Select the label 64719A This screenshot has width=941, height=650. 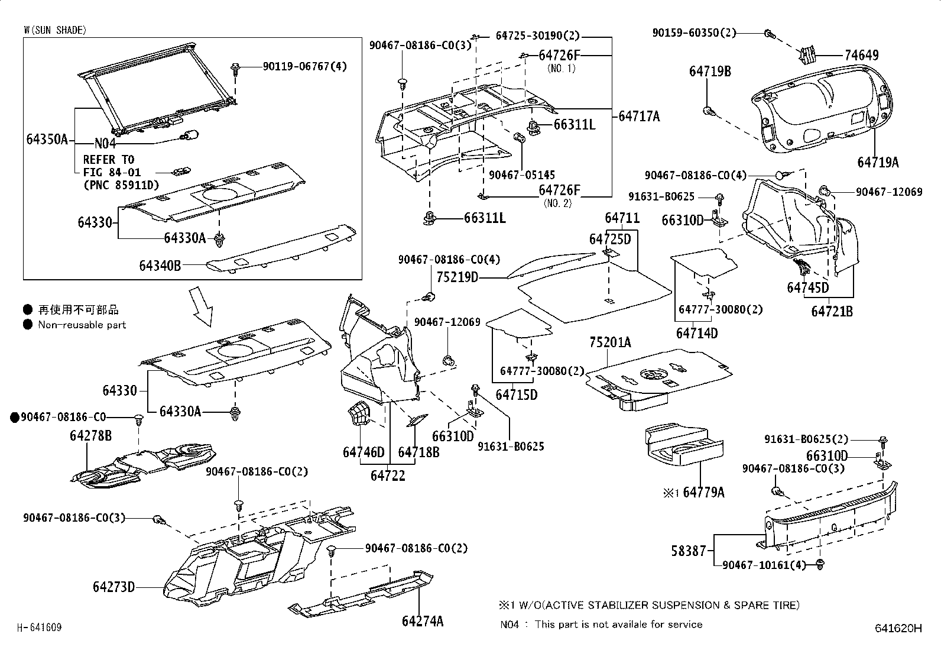tap(878, 162)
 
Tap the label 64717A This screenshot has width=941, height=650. tap(639, 117)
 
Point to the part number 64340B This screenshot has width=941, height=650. tap(160, 266)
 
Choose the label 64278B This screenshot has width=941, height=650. tap(90, 436)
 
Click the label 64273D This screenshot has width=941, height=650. tap(113, 587)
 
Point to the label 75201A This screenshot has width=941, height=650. tap(609, 342)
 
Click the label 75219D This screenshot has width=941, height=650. tap(457, 277)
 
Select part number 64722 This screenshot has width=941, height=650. tap(388, 475)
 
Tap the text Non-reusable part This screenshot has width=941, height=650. tap(82, 325)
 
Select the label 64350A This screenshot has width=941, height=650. tap(47, 140)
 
